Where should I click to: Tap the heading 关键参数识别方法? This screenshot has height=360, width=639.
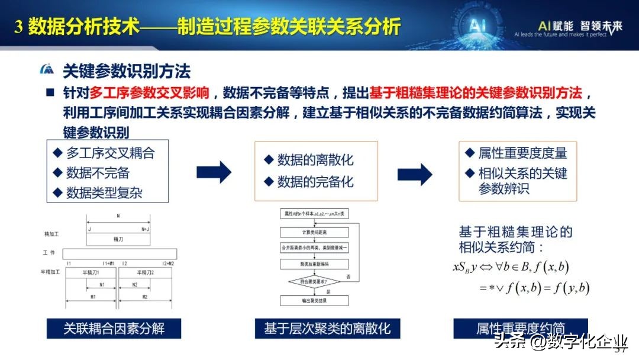[127, 72]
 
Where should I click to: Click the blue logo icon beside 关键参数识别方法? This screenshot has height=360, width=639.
[47, 70]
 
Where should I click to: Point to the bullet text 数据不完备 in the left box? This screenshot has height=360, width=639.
[98, 173]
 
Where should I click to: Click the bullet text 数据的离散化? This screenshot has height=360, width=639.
[314, 160]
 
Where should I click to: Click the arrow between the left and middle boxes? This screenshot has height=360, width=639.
[214, 172]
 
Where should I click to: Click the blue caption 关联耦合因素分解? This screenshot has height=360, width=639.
[114, 328]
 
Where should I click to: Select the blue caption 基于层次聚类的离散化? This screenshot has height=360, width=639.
[327, 328]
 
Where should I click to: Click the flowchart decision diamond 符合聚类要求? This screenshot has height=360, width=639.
[314, 281]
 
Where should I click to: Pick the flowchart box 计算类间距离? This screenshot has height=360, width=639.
[314, 231]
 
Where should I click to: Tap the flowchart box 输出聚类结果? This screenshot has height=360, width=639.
[314, 301]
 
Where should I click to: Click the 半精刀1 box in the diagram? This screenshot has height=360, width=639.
[91, 272]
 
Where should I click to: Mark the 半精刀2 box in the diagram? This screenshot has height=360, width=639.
[147, 272]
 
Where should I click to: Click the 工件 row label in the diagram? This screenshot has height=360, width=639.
[49, 253]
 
